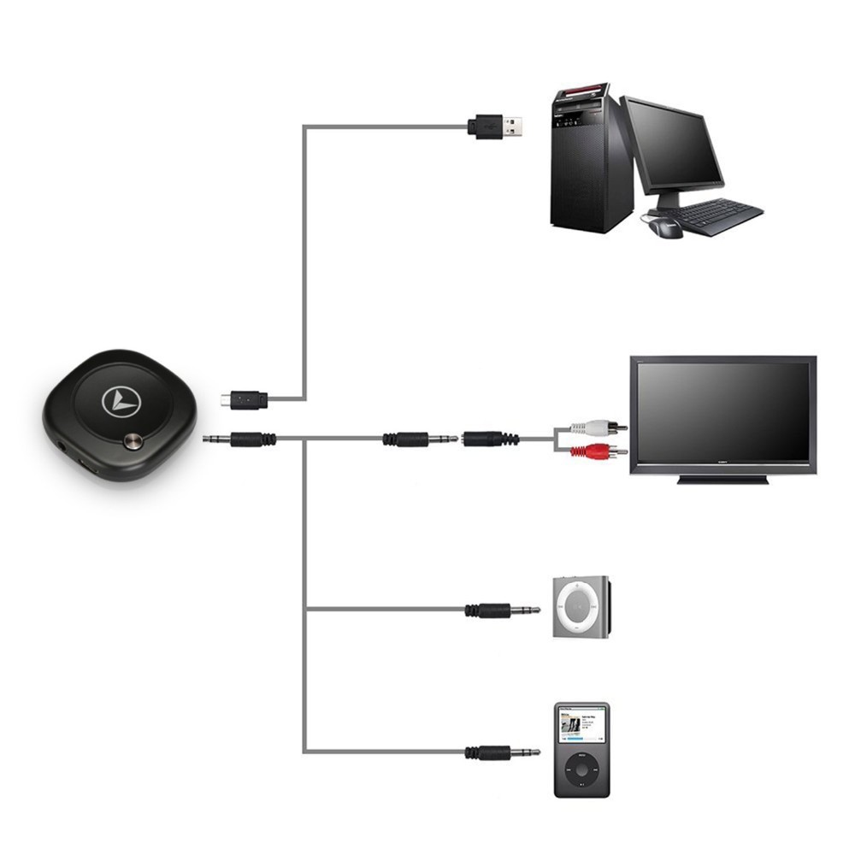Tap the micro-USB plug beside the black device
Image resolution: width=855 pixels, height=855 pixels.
(244, 399)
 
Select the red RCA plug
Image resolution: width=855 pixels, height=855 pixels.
(598, 451)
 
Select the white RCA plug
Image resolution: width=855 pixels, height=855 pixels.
(598, 426)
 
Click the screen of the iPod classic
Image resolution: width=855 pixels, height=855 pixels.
(581, 727)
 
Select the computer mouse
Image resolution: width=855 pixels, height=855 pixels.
(664, 226)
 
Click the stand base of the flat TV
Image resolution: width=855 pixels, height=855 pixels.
(722, 480)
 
